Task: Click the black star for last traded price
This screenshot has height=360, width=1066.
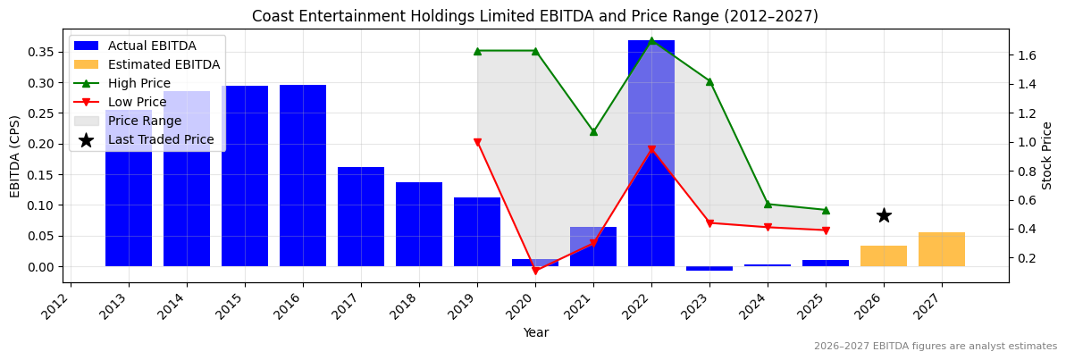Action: (x=884, y=215)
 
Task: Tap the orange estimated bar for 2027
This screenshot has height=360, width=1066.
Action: (x=942, y=249)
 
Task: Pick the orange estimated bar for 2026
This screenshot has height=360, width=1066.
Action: (x=884, y=256)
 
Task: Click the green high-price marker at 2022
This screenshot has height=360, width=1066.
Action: (x=651, y=40)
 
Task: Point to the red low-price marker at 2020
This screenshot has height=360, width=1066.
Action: (x=535, y=271)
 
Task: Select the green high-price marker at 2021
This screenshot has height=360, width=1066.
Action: (x=593, y=131)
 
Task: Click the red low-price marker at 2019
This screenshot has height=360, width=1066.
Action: (x=477, y=142)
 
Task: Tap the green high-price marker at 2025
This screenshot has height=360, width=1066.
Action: (x=826, y=210)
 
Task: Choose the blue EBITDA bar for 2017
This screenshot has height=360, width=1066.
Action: (x=361, y=217)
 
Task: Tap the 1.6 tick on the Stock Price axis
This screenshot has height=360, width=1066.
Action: (x=1027, y=55)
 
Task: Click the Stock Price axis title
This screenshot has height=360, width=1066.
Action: (x=1047, y=155)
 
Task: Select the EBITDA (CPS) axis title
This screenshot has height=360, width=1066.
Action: (x=15, y=155)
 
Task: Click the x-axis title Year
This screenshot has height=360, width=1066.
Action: (x=535, y=332)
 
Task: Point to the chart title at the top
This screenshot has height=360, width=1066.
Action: (x=534, y=16)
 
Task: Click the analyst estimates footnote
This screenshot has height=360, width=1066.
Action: (x=935, y=347)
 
